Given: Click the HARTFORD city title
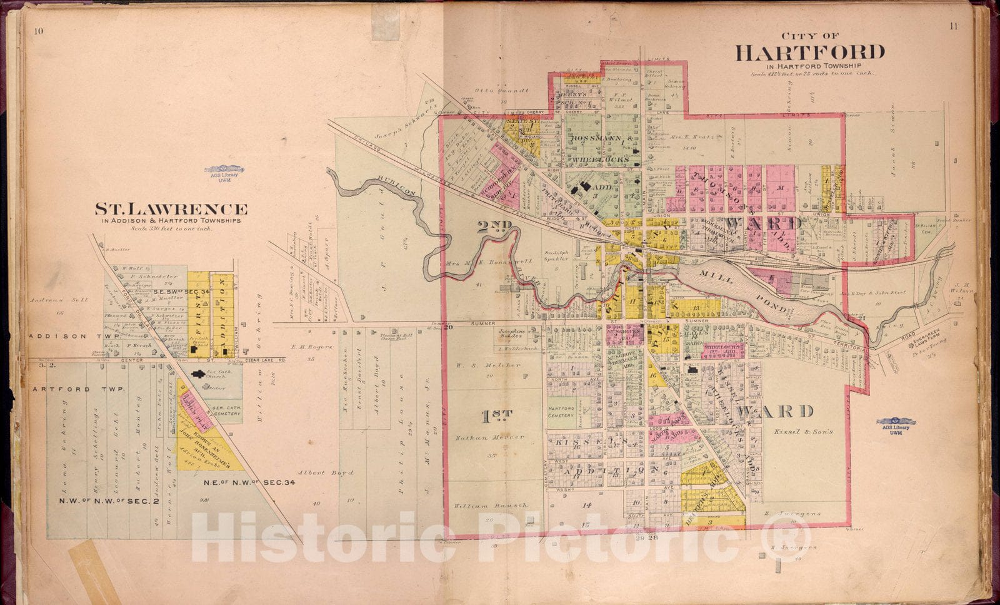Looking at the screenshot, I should pyautogui.click(x=810, y=52).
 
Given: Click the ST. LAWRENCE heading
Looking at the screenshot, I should pyautogui.click(x=171, y=209).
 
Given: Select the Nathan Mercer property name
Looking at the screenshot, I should pyautogui.click(x=490, y=437).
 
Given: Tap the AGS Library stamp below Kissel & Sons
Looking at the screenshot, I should pyautogui.click(x=896, y=424).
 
